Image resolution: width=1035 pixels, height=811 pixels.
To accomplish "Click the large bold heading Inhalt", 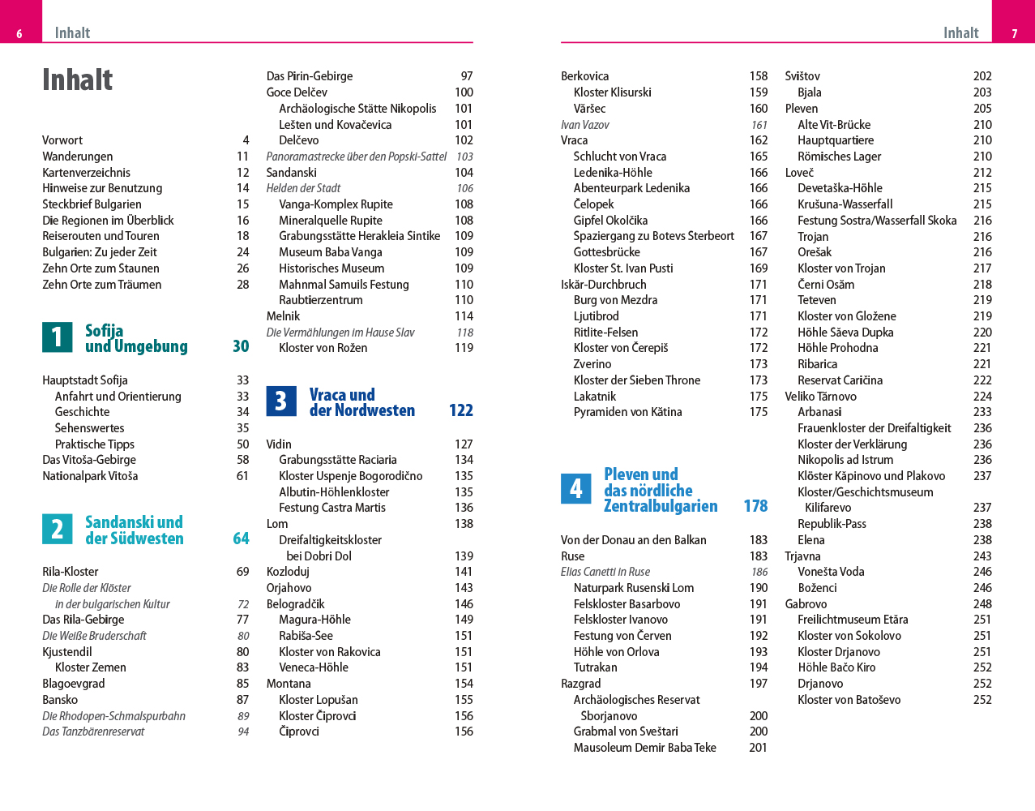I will click(x=78, y=80).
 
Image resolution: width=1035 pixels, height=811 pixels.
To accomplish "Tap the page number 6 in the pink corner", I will click(x=19, y=34).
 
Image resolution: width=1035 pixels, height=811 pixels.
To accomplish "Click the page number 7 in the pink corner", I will click(x=1014, y=34).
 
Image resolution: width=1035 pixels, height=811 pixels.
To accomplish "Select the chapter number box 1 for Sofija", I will click(x=57, y=337).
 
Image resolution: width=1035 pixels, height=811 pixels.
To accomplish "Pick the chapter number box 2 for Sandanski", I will click(x=57, y=530).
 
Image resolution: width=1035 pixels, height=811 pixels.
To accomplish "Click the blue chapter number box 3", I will click(x=280, y=401).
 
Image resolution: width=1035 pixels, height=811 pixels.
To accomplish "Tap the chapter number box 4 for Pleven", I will click(x=575, y=489).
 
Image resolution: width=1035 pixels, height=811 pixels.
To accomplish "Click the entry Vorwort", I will click(x=62, y=140).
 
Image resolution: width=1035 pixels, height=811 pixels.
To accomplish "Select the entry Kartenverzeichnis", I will click(x=86, y=173).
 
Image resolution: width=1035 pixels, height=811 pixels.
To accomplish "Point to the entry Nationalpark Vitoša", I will click(x=90, y=476).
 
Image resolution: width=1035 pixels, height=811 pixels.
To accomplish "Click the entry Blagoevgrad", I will click(x=74, y=684).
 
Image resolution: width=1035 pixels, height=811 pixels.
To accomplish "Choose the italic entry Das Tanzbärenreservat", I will click(x=93, y=732).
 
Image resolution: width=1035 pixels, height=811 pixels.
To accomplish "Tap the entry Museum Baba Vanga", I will click(x=330, y=252).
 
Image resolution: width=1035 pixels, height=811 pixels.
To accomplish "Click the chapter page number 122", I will click(x=460, y=410).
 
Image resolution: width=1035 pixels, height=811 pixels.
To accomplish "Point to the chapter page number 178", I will click(x=755, y=506).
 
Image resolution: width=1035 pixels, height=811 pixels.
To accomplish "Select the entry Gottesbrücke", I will click(x=606, y=252).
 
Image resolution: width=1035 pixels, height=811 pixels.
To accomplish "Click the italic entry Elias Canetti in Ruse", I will click(x=605, y=572).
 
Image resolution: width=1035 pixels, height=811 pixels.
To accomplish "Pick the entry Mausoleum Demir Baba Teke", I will click(x=644, y=748).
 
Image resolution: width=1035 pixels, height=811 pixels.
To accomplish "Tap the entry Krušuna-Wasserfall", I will click(x=845, y=204).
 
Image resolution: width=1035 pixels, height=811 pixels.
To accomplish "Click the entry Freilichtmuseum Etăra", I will click(x=853, y=620).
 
